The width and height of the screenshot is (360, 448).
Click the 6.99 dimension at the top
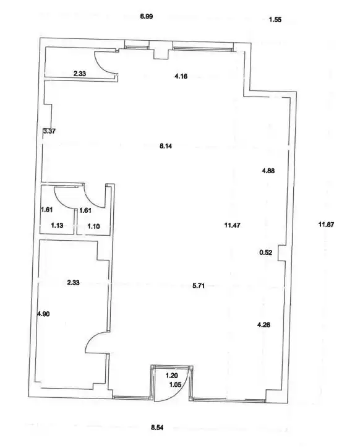click(146, 17)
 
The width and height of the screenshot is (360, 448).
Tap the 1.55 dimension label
click(275, 20)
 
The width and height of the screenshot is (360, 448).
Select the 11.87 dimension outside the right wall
click(326, 225)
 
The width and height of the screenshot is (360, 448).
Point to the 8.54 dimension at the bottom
click(157, 428)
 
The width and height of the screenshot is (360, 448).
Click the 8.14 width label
click(166, 146)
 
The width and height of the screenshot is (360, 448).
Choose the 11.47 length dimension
click(232, 225)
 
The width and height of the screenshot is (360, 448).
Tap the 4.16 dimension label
click(181, 76)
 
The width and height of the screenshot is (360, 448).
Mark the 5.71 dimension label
click(199, 286)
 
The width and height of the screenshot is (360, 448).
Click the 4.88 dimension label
click(268, 171)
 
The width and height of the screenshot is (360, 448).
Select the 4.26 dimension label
click(264, 325)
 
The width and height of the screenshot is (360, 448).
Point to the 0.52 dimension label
click(266, 252)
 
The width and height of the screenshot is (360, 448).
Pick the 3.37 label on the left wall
click(49, 131)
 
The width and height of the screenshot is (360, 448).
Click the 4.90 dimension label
click(43, 314)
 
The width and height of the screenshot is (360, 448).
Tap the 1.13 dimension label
click(57, 225)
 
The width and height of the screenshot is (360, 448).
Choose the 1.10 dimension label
click(93, 226)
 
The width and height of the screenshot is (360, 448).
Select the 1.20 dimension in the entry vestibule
click(172, 376)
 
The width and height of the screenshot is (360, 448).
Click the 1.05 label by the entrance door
click(175, 384)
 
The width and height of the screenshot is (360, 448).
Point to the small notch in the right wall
click(281, 253)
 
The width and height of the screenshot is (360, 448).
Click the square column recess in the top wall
click(161, 50)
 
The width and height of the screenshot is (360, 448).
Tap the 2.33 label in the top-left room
click(80, 74)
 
